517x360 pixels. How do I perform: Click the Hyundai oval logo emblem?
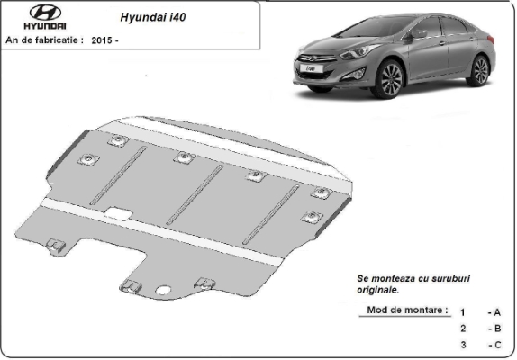click(x=45, y=13)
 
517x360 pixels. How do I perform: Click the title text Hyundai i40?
click(x=153, y=17)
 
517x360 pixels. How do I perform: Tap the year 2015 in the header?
click(x=102, y=40)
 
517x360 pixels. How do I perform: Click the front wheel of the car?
click(x=391, y=79)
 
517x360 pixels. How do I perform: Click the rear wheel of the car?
click(x=480, y=71)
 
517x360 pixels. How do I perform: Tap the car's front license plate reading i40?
click(x=311, y=68)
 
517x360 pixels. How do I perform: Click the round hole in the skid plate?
click(x=162, y=290)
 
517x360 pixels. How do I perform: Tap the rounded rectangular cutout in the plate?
click(x=118, y=213)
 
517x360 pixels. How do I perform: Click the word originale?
click(x=378, y=290)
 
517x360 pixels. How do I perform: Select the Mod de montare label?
click(x=407, y=310)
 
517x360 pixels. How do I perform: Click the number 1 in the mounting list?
click(x=463, y=312)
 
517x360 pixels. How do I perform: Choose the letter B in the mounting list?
click(x=498, y=328)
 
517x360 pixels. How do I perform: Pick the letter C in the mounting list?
click(x=498, y=345)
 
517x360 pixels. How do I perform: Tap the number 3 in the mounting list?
click(x=464, y=345)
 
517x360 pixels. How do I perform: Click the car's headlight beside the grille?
click(x=358, y=51)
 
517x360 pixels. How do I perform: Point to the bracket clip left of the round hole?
click(x=132, y=286)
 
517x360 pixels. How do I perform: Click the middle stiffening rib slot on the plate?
click(x=195, y=194)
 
